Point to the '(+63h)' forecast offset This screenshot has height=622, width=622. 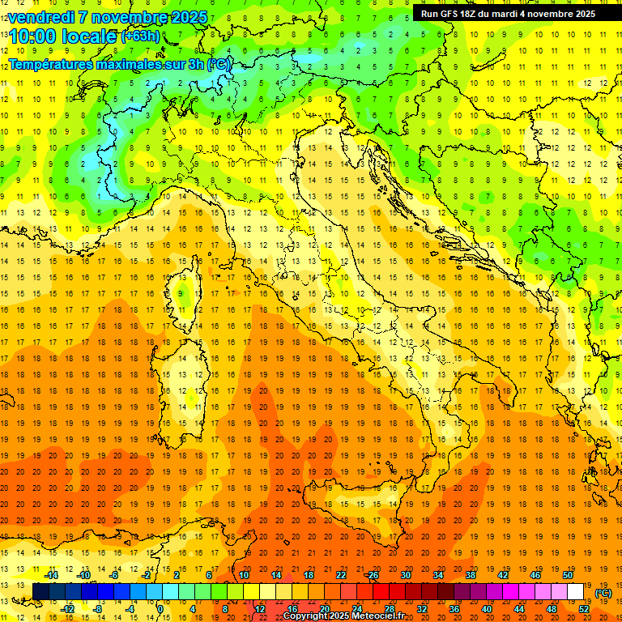(139, 36)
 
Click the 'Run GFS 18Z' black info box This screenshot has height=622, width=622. (508, 13)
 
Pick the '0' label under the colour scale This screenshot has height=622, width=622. (160, 608)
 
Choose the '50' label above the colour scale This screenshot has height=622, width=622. (567, 575)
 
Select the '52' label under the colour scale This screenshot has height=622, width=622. (583, 608)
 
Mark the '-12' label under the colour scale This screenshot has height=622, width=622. (67, 608)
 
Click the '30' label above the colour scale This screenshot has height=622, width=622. (405, 575)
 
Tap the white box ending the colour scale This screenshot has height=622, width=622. (576, 591)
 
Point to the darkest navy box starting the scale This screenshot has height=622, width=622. (40, 591)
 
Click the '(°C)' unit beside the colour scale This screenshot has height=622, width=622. (603, 592)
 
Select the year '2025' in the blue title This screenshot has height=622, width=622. (186, 16)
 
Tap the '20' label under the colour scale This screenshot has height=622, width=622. (324, 608)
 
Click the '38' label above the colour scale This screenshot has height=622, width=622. (470, 575)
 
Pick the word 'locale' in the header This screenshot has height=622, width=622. (88, 37)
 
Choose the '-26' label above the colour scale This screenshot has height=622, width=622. (372, 575)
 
